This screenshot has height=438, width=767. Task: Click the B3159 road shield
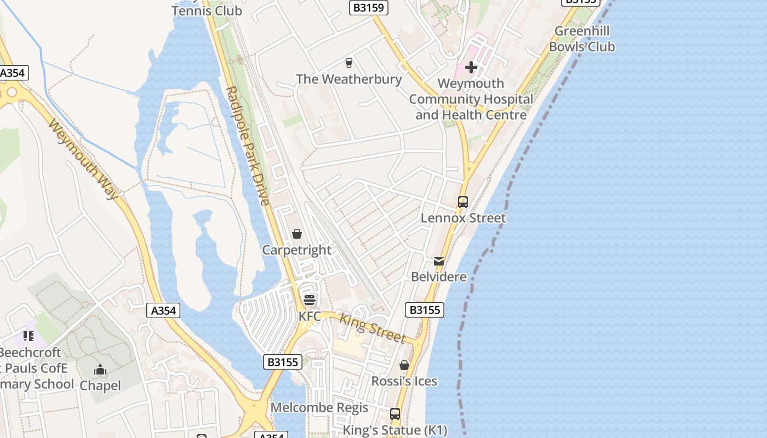(369, 8)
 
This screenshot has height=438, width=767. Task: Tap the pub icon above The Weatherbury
(348, 62)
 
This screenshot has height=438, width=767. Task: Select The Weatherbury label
(348, 79)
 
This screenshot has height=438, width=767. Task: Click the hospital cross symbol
(471, 67)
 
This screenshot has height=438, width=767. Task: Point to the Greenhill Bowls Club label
(582, 39)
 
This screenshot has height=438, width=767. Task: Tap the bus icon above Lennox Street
(462, 202)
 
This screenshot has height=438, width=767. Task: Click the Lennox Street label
(463, 218)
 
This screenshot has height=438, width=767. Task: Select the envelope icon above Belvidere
(439, 261)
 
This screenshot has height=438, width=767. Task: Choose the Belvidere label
(439, 277)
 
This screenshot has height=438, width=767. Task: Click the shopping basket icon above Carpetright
(296, 234)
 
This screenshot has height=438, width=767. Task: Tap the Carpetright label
(296, 250)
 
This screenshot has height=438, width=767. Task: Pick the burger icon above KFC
(310, 300)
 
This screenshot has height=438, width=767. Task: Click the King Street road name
(372, 327)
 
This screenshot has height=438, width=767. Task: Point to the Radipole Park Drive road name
(248, 146)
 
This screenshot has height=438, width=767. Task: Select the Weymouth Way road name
(83, 159)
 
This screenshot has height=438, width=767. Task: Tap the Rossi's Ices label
(404, 381)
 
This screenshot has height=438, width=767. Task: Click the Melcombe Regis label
(319, 408)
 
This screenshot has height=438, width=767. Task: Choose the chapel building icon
(100, 370)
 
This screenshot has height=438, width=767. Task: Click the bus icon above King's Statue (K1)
(395, 414)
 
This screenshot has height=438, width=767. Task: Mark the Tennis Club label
(207, 10)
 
